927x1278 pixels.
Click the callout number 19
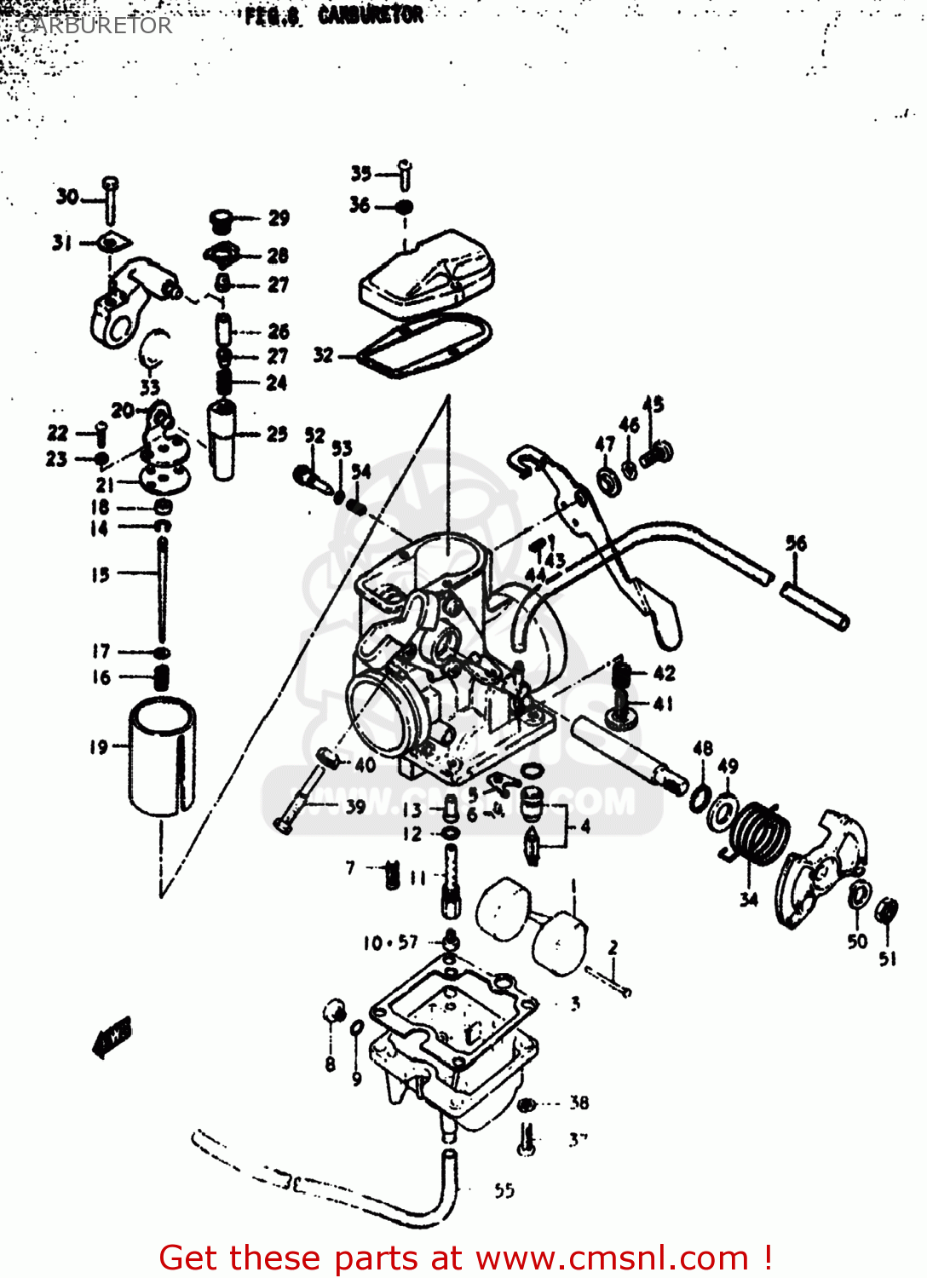pos(99,747)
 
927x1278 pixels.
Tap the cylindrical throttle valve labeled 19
pos(161,757)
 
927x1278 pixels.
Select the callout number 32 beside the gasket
pos(323,354)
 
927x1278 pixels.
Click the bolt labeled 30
pos(110,201)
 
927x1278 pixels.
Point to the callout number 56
pos(796,544)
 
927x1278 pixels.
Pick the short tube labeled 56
pos(815,604)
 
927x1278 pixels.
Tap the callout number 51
pos(888,958)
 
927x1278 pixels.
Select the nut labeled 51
pos(886,910)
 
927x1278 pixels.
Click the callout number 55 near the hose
pos(504,1190)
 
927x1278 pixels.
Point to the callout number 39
pos(355,806)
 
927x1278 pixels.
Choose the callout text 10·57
pos(390,942)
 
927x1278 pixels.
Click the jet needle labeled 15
pos(161,588)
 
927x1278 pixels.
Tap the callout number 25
pos(277,434)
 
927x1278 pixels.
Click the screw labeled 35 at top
pos(406,175)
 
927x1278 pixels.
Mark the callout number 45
pos(653,404)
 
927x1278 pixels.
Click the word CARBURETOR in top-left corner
pos(94,26)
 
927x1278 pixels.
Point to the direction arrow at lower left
pos(112,1037)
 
